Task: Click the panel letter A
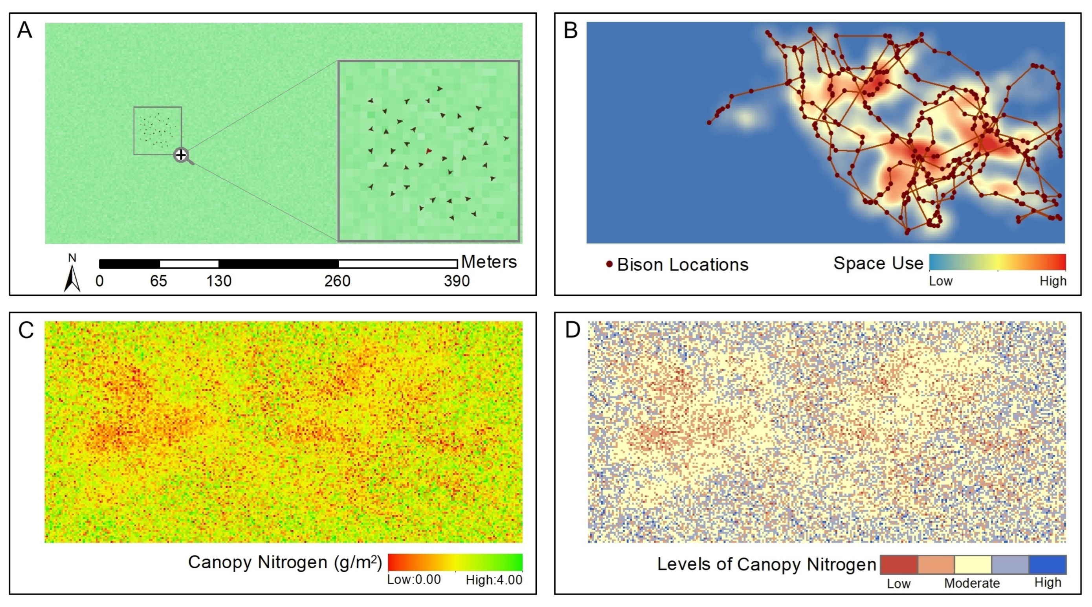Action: (x=25, y=31)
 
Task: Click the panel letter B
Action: (x=571, y=31)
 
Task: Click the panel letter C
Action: (x=26, y=330)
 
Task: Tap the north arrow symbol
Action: (x=72, y=278)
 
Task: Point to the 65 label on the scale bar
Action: (x=158, y=281)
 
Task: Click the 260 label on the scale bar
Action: (x=338, y=281)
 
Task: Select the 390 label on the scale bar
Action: (x=457, y=281)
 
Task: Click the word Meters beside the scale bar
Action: (x=489, y=262)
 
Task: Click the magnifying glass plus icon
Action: (x=182, y=155)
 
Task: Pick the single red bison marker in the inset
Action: (x=429, y=150)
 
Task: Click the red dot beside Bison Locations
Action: (x=609, y=264)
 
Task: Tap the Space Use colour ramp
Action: (x=997, y=262)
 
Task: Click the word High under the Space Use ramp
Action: (x=1053, y=281)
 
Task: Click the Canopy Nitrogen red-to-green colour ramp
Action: (x=455, y=562)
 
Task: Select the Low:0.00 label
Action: (x=414, y=580)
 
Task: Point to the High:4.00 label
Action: (x=494, y=580)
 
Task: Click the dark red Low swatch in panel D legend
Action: (x=899, y=565)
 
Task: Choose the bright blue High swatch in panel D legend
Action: (x=1048, y=565)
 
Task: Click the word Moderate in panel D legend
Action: (x=972, y=583)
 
